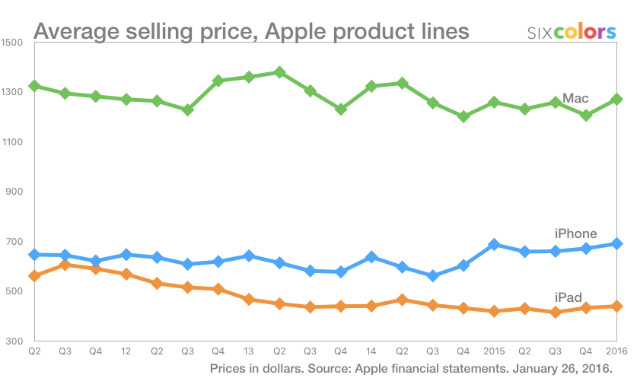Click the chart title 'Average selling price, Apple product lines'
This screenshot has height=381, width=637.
(251, 32)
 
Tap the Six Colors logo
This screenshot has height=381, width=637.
(572, 32)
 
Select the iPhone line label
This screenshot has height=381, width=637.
(575, 233)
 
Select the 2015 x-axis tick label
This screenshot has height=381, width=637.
(494, 352)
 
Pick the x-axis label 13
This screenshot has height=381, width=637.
(249, 352)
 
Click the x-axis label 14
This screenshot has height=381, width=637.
(371, 352)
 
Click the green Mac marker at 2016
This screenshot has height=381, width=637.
(616, 99)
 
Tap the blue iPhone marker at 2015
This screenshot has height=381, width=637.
(494, 245)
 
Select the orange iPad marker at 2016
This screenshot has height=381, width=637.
(616, 306)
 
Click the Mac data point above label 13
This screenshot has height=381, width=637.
(249, 77)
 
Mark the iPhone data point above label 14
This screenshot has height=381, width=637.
(371, 257)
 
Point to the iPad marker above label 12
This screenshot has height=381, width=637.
(126, 274)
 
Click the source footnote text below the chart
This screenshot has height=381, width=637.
(411, 369)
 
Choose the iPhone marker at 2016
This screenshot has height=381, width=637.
(616, 243)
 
